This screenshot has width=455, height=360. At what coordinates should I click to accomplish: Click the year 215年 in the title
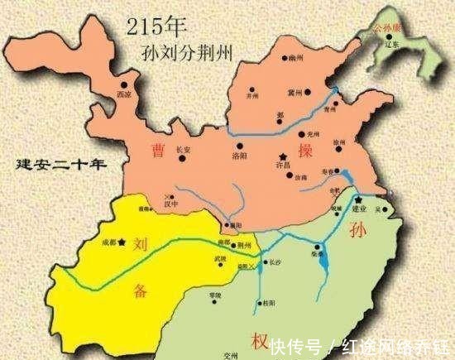161,25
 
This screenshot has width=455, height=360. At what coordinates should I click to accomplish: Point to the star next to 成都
122,242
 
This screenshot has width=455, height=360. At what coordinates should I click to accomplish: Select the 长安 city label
184,150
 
